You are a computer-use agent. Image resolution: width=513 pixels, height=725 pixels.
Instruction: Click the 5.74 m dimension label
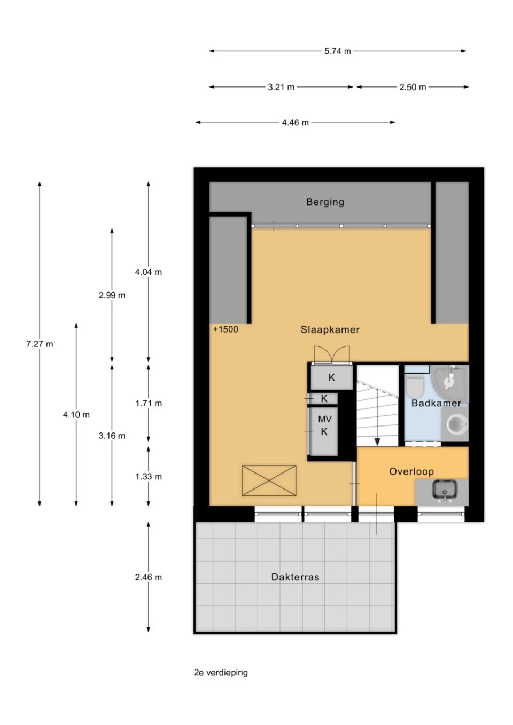[x=338, y=51]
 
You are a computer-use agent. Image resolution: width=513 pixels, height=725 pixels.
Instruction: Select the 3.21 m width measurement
[x=281, y=87]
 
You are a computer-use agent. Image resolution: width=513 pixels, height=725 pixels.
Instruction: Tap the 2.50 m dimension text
[x=413, y=87]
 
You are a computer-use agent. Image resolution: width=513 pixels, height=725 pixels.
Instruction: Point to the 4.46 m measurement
[x=295, y=123]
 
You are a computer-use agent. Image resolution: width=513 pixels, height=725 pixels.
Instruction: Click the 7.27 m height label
[x=40, y=344]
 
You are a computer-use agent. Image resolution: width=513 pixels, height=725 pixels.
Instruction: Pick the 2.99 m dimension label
[x=112, y=295]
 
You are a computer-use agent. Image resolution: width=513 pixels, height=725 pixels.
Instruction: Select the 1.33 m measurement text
[x=149, y=476]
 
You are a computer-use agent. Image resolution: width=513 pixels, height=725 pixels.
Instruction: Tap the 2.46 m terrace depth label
[x=149, y=577]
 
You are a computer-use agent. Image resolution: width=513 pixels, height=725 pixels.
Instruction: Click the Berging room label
[x=325, y=202]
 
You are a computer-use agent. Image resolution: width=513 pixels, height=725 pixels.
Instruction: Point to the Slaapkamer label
[x=330, y=330]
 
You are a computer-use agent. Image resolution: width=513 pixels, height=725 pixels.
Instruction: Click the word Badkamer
[x=436, y=403]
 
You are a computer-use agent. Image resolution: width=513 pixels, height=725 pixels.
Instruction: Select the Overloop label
[x=411, y=471]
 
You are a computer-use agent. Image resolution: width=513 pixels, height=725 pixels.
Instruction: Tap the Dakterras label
[x=295, y=577]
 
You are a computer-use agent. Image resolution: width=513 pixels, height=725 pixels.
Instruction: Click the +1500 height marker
[x=226, y=329]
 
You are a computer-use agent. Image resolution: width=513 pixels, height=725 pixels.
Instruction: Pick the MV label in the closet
[x=325, y=419]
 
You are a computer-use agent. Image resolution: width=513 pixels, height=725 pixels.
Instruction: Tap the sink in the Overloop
[x=446, y=491]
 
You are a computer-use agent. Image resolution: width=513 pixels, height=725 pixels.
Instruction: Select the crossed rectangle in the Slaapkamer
[x=269, y=480]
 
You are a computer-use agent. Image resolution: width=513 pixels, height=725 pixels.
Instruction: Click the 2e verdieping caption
[x=221, y=673]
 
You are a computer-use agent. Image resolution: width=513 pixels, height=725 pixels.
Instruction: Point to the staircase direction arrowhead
[x=377, y=442]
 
